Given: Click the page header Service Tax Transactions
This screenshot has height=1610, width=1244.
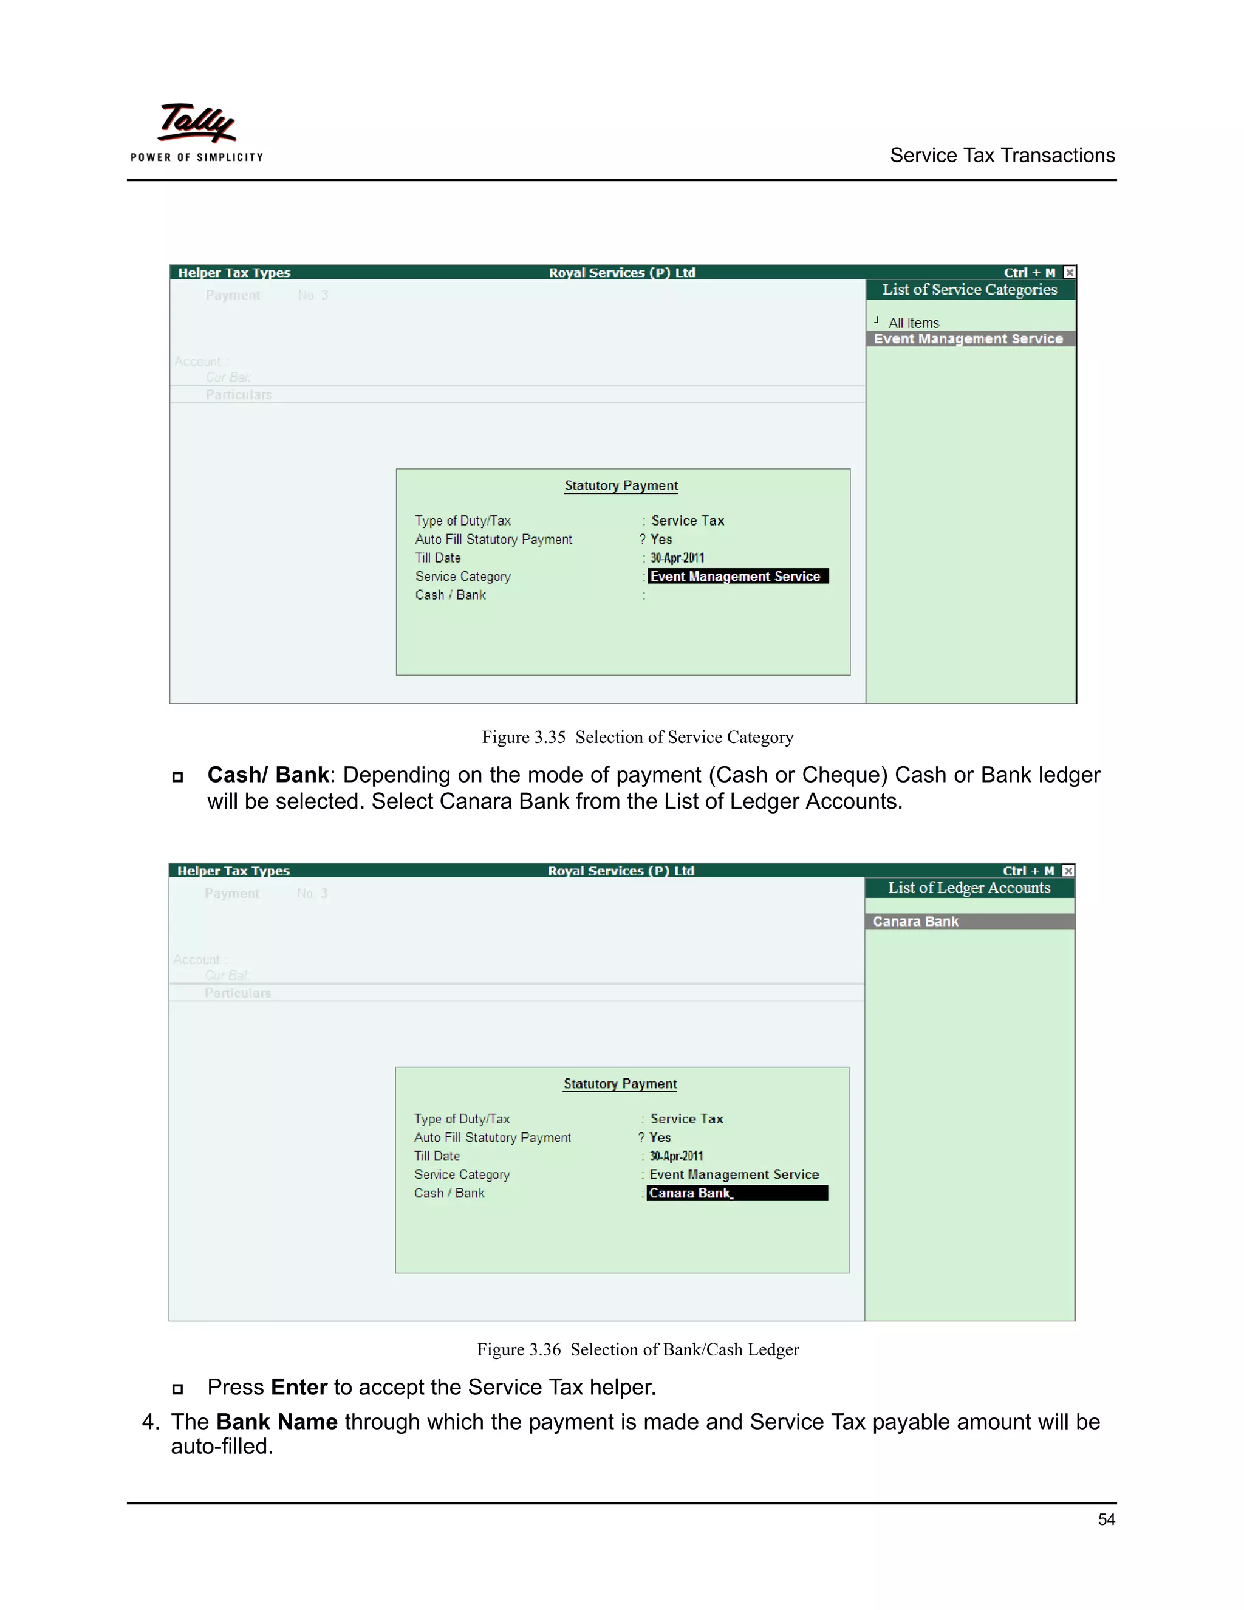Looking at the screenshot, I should [x=1002, y=156].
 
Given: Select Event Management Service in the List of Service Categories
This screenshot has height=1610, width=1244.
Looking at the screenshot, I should [x=968, y=339].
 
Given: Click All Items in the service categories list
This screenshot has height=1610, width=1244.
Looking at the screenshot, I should [x=913, y=323].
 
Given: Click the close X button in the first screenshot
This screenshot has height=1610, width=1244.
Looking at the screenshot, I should [x=1069, y=273].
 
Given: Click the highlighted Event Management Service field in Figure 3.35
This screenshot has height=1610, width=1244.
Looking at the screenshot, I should [x=737, y=577].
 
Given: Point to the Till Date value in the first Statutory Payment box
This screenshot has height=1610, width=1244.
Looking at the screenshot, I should [x=677, y=558].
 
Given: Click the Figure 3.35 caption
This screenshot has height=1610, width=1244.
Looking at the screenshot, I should [x=637, y=737].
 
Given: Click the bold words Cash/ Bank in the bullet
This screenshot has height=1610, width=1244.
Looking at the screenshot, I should [x=267, y=775].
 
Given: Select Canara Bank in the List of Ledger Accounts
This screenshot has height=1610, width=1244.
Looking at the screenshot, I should [x=915, y=922].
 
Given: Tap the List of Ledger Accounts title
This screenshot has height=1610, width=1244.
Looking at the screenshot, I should [x=968, y=888].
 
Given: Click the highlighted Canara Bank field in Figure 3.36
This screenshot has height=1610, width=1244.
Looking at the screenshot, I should [x=736, y=1193].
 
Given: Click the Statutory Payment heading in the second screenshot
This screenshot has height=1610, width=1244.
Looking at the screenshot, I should [x=620, y=1084].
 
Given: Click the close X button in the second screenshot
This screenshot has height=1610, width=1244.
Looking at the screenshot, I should [x=1068, y=871].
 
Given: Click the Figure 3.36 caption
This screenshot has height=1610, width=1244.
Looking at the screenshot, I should [x=637, y=1350].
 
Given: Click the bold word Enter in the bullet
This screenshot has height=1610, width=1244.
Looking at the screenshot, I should [x=298, y=1388].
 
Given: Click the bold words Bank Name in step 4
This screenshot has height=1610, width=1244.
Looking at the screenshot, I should [x=276, y=1422].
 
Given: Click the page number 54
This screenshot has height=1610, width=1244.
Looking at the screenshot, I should [x=1106, y=1519].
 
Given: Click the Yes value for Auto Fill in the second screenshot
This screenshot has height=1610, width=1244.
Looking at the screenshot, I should [x=660, y=1137].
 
